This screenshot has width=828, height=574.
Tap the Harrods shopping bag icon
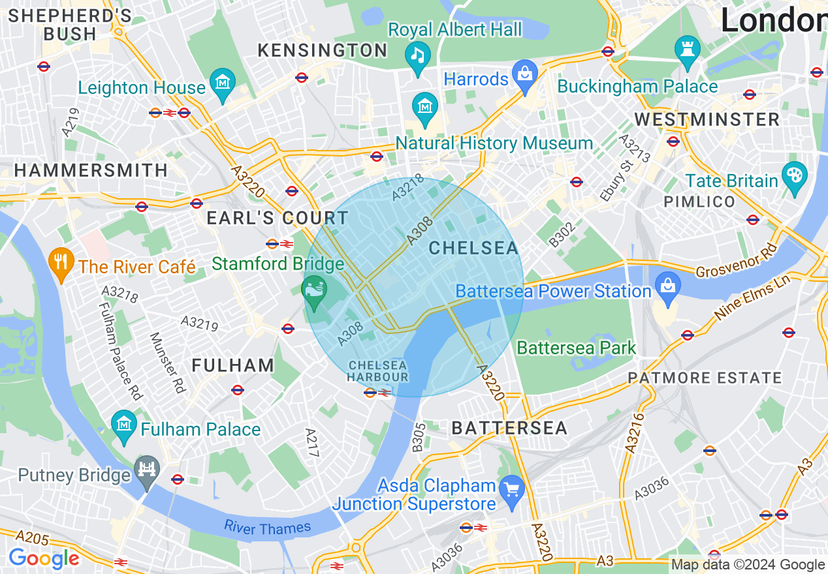tap(524, 73)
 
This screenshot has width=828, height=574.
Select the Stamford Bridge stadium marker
tap(314, 288)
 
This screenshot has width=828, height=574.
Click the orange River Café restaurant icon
tap(61, 262)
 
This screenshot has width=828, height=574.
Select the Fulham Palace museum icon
tap(123, 424)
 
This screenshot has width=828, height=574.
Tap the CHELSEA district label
tap(473, 248)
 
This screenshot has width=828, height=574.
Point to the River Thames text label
tap(268, 527)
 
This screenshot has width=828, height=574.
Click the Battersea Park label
tap(576, 348)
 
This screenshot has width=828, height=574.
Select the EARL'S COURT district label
tap(278, 219)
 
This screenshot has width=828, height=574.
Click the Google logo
tap(44, 558)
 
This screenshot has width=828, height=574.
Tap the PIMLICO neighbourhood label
tap(699, 202)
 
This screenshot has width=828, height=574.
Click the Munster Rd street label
tap(168, 363)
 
